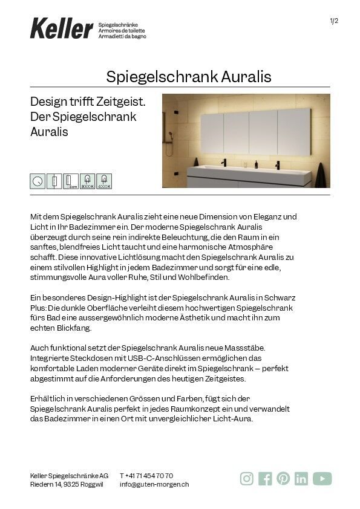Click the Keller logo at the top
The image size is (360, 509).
click(x=61, y=28)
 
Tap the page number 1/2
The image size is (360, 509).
click(x=333, y=21)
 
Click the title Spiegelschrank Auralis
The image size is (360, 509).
click(x=189, y=77)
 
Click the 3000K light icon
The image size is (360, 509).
click(x=87, y=180)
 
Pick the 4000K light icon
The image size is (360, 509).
click(x=104, y=180)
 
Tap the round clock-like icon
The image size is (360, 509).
click(x=38, y=180)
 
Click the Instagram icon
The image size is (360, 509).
click(x=247, y=479)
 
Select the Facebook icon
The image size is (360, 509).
click(x=265, y=479)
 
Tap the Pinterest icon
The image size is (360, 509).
click(x=283, y=479)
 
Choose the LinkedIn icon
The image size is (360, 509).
click(x=301, y=479)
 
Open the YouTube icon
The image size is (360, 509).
click(x=322, y=479)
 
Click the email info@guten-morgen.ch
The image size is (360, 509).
click(x=154, y=484)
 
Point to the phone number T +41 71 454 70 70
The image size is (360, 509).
click(x=146, y=476)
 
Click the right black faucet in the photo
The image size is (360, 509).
click(x=278, y=163)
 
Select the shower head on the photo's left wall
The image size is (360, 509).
click(x=172, y=134)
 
